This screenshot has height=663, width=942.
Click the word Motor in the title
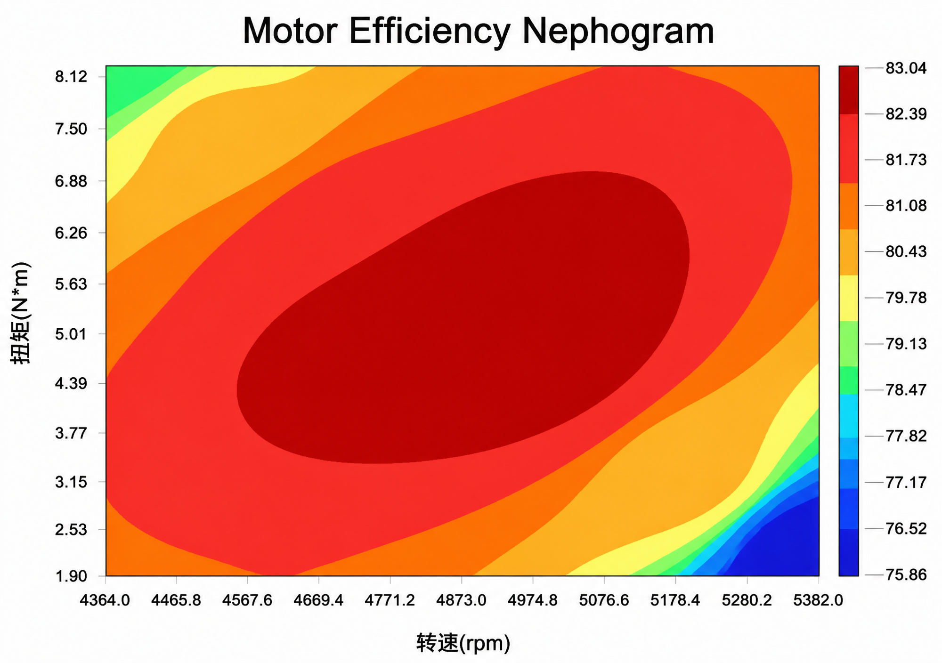[x=290, y=31]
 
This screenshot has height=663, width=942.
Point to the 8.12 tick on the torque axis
[x=71, y=77]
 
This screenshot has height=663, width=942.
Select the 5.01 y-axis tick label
[x=71, y=334]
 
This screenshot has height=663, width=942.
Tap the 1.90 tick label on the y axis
[x=71, y=575]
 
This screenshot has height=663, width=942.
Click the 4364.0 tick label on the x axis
[x=105, y=600]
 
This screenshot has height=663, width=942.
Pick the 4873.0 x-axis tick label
[x=461, y=600]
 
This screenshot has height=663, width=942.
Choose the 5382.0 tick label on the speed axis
[x=818, y=600]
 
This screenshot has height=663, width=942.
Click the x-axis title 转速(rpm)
[x=463, y=643]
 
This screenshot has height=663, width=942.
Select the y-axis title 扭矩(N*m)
[x=21, y=313]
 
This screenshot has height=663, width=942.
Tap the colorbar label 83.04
[x=906, y=68]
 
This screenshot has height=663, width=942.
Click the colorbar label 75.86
[x=906, y=574]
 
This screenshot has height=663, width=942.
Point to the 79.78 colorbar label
[x=906, y=298]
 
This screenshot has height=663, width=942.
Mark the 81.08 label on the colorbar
[x=906, y=205]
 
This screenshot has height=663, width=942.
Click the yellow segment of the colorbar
[x=848, y=298]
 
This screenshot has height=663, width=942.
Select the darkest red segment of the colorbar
[x=848, y=90]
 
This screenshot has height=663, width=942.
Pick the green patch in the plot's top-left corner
[x=134, y=85]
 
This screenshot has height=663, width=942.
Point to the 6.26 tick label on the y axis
[x=71, y=233]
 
